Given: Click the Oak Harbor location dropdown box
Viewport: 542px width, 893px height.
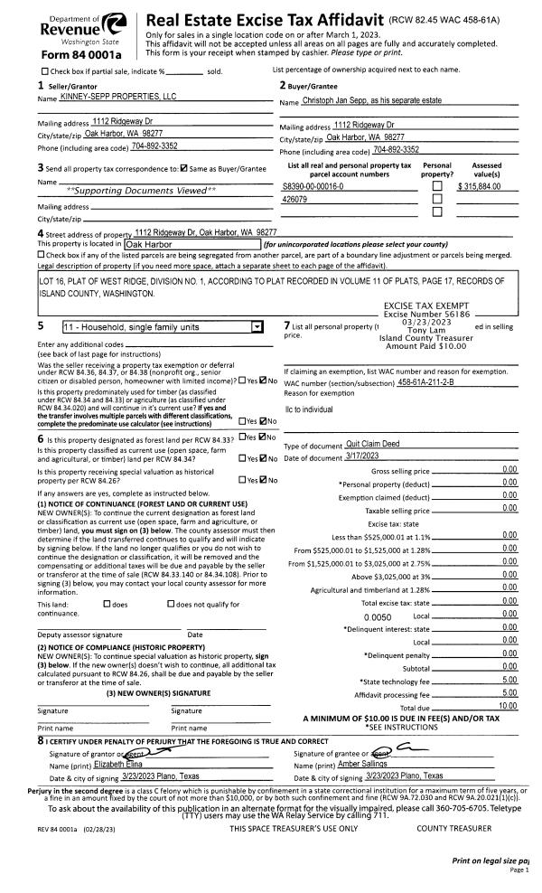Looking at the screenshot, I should [x=190, y=243].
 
